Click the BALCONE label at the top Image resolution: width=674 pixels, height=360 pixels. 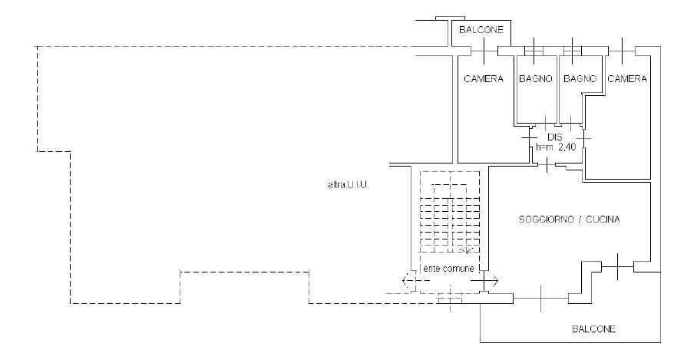[481, 30]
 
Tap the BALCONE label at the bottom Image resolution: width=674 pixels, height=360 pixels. [593, 329]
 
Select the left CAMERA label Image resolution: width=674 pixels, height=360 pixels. [484, 79]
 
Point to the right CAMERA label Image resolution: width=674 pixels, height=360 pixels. [627, 79]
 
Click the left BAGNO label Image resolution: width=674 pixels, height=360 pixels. [535, 79]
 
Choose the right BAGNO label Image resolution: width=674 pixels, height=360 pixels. [580, 79]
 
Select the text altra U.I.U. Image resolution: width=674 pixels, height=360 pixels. [348, 185]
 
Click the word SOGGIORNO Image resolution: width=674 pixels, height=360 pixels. [540, 220]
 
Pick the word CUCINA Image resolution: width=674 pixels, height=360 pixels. [603, 220]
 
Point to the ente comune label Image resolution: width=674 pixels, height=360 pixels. [448, 267]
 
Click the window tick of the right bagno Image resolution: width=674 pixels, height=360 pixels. [572, 49]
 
